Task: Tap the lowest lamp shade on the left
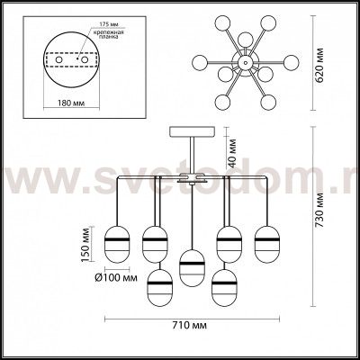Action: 162,282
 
